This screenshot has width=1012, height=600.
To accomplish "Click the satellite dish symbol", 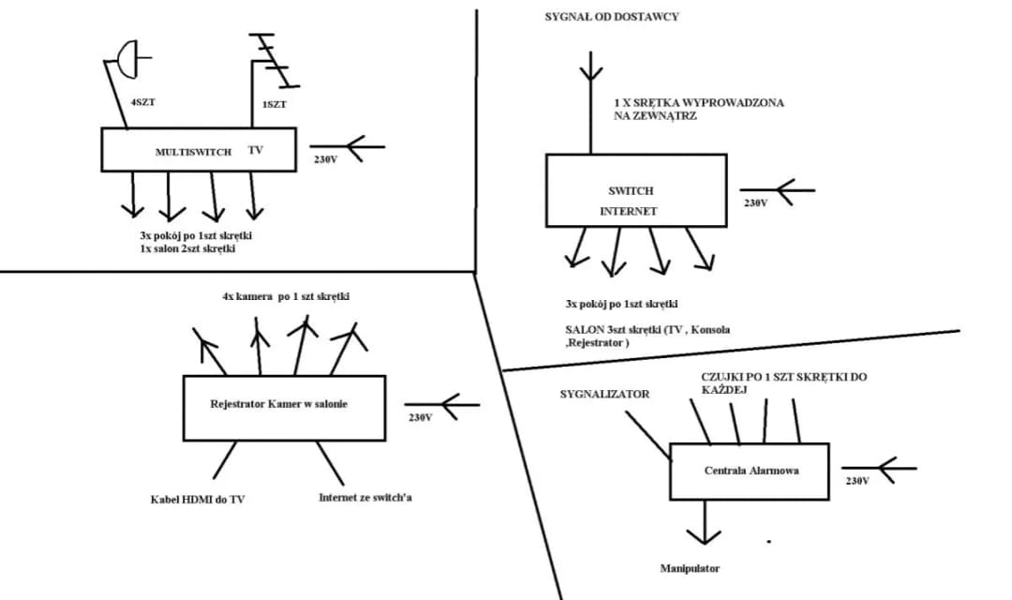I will pyautogui.click(x=128, y=58).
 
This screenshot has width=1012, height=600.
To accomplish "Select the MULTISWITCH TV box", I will pyautogui.click(x=196, y=150).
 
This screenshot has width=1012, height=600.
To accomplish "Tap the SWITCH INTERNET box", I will pyautogui.click(x=635, y=189).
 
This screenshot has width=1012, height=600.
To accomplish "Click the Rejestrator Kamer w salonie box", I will pyautogui.click(x=284, y=408).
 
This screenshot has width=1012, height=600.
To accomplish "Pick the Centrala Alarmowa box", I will pyautogui.click(x=750, y=470).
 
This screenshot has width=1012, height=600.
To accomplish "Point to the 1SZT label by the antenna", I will pyautogui.click(x=275, y=104).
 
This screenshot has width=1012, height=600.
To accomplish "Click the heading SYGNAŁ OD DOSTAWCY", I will pyautogui.click(x=612, y=17).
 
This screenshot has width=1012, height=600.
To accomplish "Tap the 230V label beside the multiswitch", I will pyautogui.click(x=325, y=159).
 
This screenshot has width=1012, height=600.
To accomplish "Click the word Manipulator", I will pyautogui.click(x=690, y=568).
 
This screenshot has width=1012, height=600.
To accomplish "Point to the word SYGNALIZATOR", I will pyautogui.click(x=604, y=395).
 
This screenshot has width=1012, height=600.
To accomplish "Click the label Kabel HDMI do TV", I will pyautogui.click(x=197, y=500).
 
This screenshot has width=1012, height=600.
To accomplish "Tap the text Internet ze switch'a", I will pyautogui.click(x=365, y=497).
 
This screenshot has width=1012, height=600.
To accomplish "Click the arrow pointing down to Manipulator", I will pyautogui.click(x=700, y=526).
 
